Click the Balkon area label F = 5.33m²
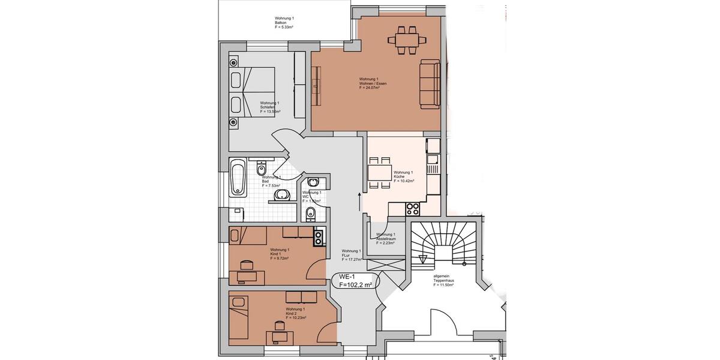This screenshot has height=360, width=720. click(x=284, y=27)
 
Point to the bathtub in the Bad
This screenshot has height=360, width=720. click(x=238, y=178)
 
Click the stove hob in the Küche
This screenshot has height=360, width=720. click(x=413, y=209)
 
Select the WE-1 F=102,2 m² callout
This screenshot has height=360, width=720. click(x=356, y=281)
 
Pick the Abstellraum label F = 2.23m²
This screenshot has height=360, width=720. click(x=386, y=243)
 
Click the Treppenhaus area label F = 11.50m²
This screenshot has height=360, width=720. click(x=443, y=285)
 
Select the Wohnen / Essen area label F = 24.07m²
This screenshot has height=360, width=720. click(x=369, y=88)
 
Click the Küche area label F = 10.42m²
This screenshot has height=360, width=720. click(x=404, y=180)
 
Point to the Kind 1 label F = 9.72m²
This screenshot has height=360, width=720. click(x=280, y=258)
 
